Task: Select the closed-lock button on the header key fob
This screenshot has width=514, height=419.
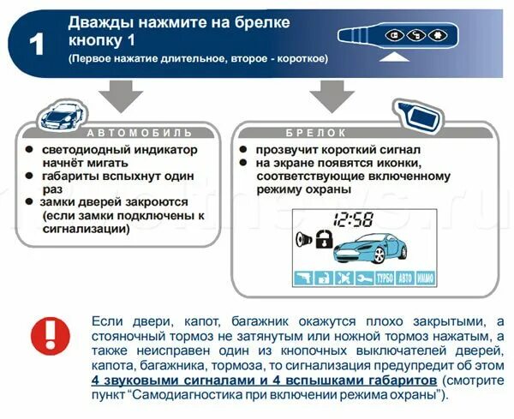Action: tap(397, 35)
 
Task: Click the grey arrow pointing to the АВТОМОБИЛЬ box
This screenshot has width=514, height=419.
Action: tap(127, 93)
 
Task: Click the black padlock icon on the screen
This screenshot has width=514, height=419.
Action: tap(323, 241)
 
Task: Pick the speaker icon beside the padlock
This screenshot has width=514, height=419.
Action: tap(304, 239)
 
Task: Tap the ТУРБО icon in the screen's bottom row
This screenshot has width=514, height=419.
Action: tap(385, 278)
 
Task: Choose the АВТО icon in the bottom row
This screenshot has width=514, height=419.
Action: tap(406, 278)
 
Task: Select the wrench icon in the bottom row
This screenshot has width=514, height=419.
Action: tap(364, 278)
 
